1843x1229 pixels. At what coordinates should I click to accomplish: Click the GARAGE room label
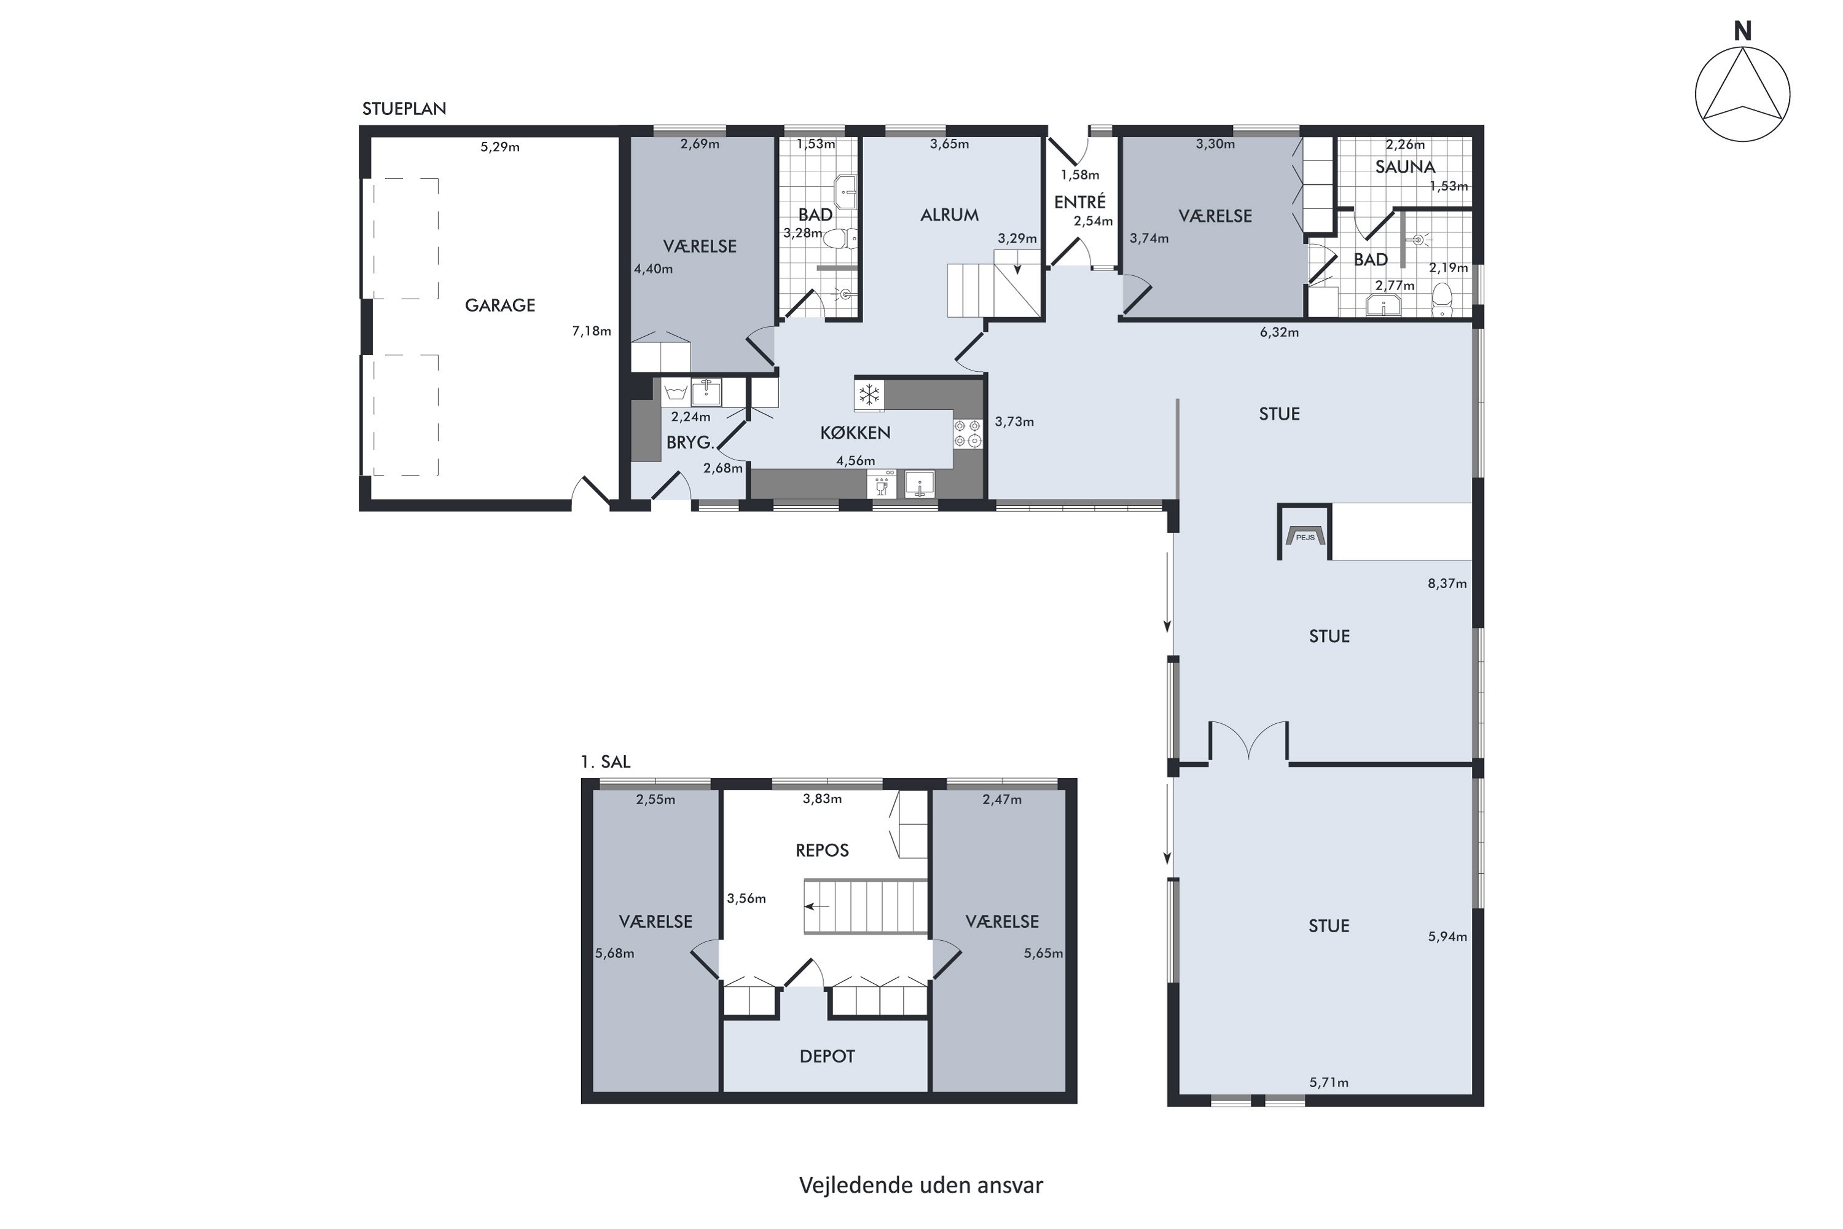pos(500,305)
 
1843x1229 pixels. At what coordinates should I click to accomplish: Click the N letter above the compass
pos(1743,31)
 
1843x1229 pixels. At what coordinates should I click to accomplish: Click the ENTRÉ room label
pos(1080,202)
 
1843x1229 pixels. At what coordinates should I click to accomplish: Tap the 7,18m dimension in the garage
pos(592,331)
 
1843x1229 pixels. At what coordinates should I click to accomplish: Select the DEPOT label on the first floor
pos(827,1056)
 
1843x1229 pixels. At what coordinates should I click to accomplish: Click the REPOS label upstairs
pos(822,850)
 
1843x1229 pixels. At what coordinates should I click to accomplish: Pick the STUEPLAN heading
pos(404,109)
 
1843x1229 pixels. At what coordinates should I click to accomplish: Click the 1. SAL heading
pos(605,761)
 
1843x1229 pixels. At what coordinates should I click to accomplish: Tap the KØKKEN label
pos(855,432)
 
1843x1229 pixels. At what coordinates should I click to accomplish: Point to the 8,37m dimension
pos(1447,583)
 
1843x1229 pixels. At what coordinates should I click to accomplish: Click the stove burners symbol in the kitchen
pos(967,433)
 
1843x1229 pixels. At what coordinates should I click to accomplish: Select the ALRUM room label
pos(949,214)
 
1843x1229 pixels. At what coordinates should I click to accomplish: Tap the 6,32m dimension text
pos(1279,332)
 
